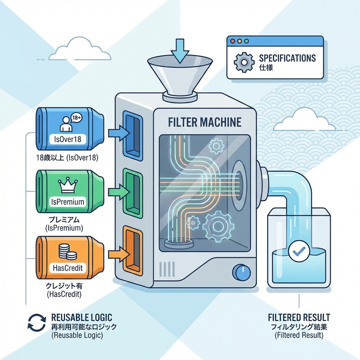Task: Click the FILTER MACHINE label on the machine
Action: click(204, 122)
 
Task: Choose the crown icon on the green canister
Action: click(66, 185)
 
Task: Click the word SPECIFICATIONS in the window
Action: click(287, 58)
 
